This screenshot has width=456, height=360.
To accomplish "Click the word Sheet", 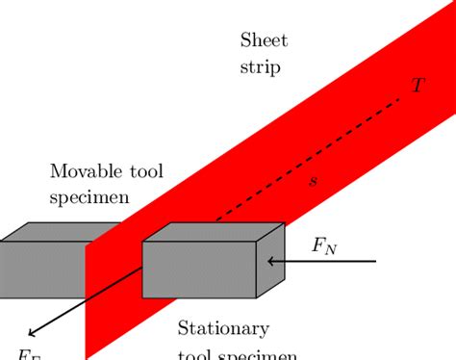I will tap(264, 40).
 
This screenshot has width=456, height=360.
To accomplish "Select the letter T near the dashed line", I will tap(417, 85).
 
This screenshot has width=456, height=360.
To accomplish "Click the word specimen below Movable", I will tap(92, 200).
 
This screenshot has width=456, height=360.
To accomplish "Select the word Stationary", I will tap(224, 327).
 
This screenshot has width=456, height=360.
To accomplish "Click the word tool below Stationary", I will tap(197, 353).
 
